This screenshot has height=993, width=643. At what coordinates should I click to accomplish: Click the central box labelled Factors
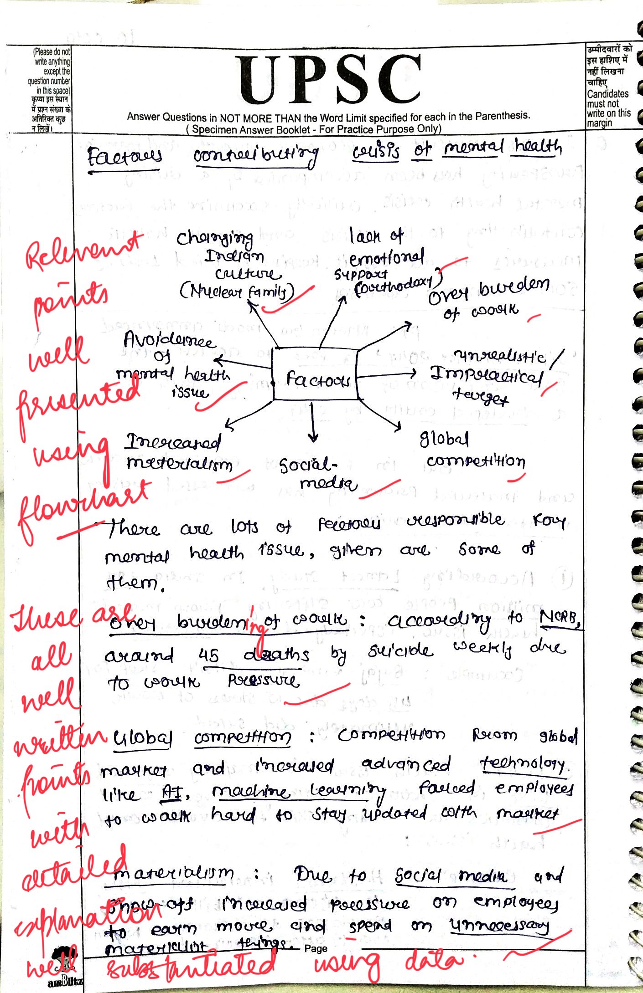point(316,374)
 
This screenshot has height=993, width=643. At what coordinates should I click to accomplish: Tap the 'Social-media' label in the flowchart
point(317,474)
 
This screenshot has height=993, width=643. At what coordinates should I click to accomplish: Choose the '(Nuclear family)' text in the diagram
point(237,292)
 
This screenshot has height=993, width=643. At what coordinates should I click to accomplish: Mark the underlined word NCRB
point(560,618)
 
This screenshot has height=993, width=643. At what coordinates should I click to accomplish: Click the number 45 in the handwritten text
point(209,655)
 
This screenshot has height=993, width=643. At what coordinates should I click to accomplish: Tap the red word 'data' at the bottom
point(433,960)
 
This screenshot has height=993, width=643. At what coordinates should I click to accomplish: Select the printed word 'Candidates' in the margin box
point(607,94)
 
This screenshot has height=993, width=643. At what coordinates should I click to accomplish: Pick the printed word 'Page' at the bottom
point(316,948)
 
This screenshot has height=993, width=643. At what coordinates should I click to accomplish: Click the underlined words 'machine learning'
point(299,792)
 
